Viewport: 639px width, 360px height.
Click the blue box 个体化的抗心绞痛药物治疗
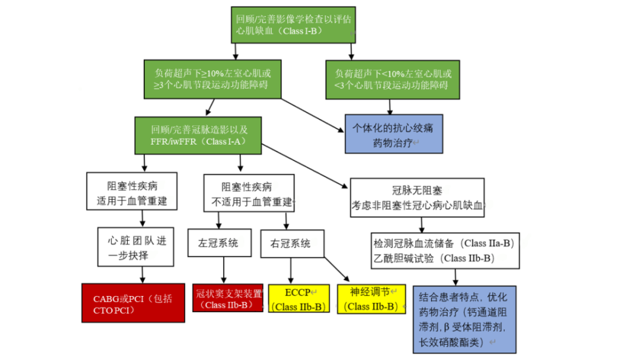tap(394, 134)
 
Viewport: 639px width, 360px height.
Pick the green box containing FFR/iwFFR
tap(199, 135)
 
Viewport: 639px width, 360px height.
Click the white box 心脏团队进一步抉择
tap(137, 246)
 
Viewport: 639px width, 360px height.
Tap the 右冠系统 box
tap(292, 244)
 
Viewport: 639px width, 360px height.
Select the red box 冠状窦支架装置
tap(228, 298)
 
